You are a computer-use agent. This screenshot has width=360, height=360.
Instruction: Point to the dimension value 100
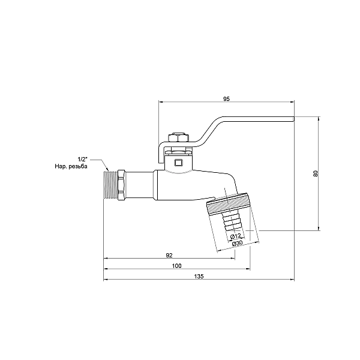click(176, 266)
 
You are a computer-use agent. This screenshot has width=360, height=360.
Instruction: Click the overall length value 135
click(199, 276)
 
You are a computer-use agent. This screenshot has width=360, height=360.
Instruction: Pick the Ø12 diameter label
click(236, 236)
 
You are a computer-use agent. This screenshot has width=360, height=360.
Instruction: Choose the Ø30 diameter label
click(238, 244)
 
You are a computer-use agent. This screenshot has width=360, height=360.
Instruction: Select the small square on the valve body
click(178, 161)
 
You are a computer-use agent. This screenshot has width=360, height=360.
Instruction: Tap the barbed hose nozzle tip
click(232, 226)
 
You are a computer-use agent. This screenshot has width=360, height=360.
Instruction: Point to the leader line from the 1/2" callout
click(100, 163)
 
